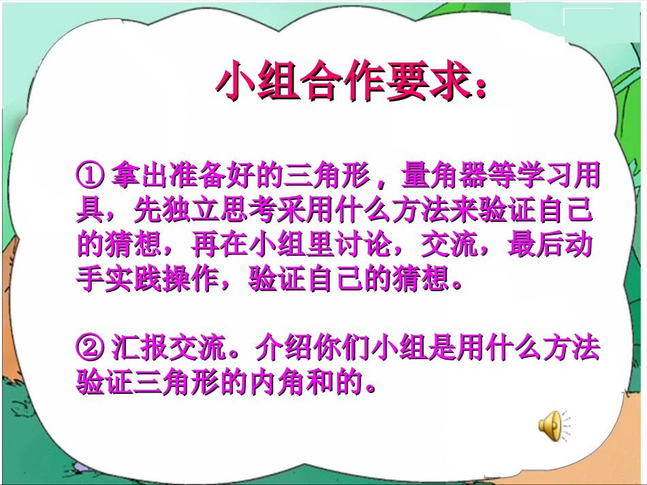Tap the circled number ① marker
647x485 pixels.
tap(90, 176)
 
